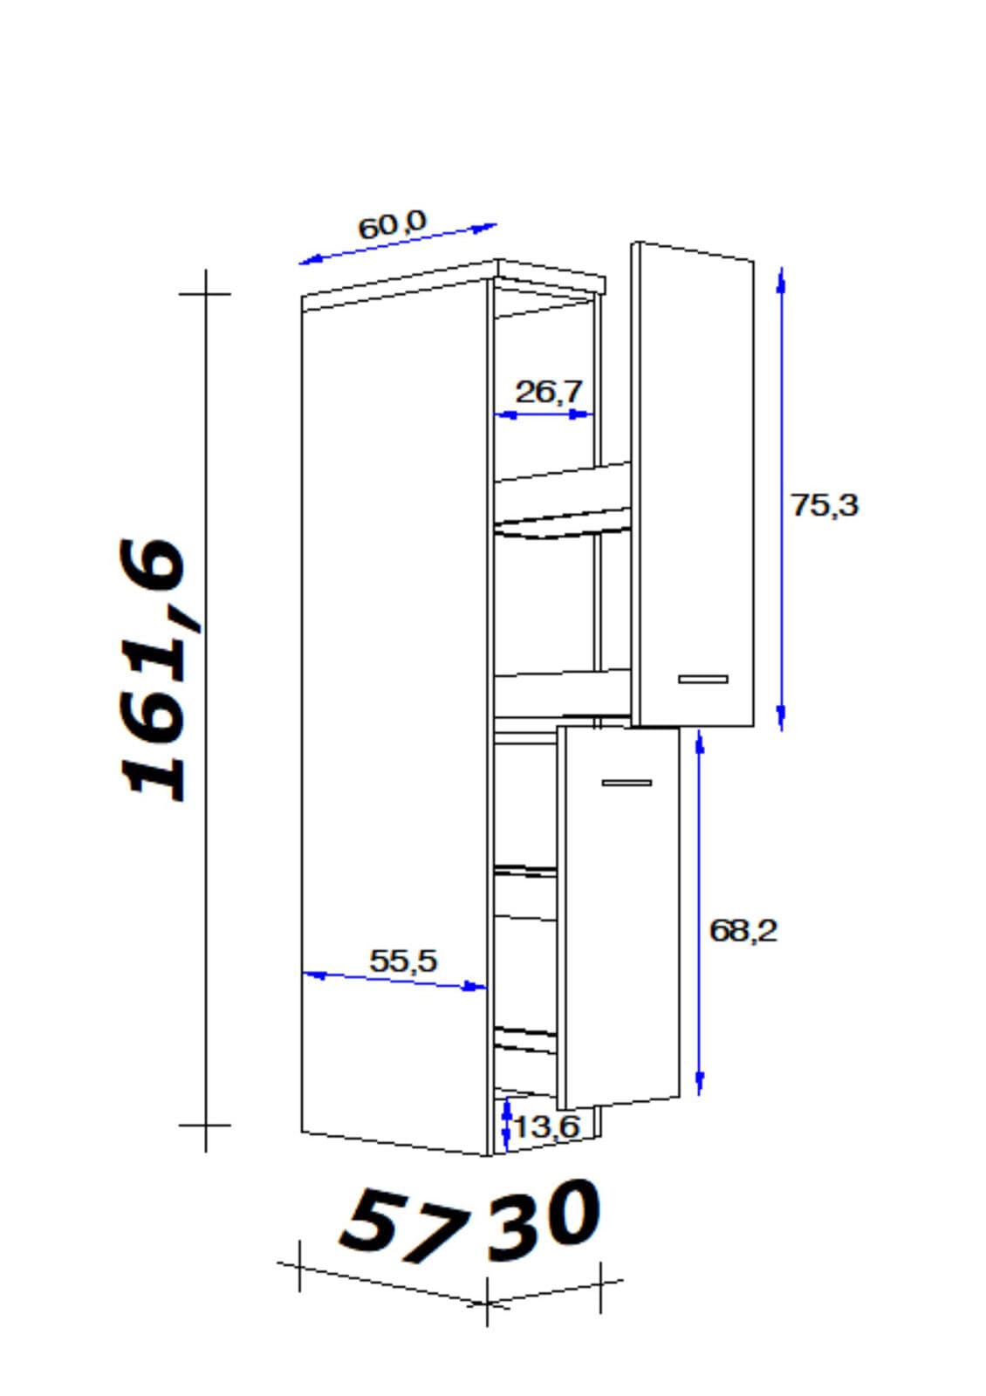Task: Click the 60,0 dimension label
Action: pos(392,225)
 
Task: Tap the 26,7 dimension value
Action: pos(549,392)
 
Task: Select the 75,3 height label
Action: pos(824,505)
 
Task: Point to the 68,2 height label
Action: pos(743,931)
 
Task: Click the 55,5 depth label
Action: pos(403,961)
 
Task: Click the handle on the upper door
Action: pos(703,679)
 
